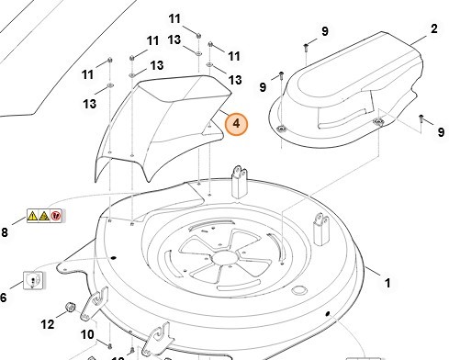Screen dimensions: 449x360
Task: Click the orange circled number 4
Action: coord(236,124)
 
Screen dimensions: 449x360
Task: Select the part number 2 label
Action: coord(433,29)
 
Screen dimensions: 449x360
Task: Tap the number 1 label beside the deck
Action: coord(387,283)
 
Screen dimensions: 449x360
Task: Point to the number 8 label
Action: coord(4,232)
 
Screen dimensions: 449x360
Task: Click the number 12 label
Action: coord(48,324)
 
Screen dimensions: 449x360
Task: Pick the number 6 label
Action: coord(3,298)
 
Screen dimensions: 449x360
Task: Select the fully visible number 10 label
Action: coord(87,334)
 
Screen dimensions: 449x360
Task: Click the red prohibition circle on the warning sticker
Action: coord(56,216)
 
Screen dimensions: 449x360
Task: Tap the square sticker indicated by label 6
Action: coord(34,280)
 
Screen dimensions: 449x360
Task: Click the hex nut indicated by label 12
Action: coord(71,307)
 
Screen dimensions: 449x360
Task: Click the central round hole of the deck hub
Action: coord(225,257)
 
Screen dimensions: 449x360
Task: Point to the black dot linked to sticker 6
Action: coord(113,258)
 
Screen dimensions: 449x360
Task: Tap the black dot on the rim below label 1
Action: coord(328,314)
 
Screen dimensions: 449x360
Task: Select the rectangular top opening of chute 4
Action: coord(185,88)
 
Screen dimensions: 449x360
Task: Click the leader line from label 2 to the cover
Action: coord(419,41)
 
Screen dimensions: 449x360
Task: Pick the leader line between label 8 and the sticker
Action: coord(19,220)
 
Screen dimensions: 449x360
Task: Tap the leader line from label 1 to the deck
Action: coord(373,271)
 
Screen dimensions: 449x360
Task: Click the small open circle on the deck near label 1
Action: coord(299,290)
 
